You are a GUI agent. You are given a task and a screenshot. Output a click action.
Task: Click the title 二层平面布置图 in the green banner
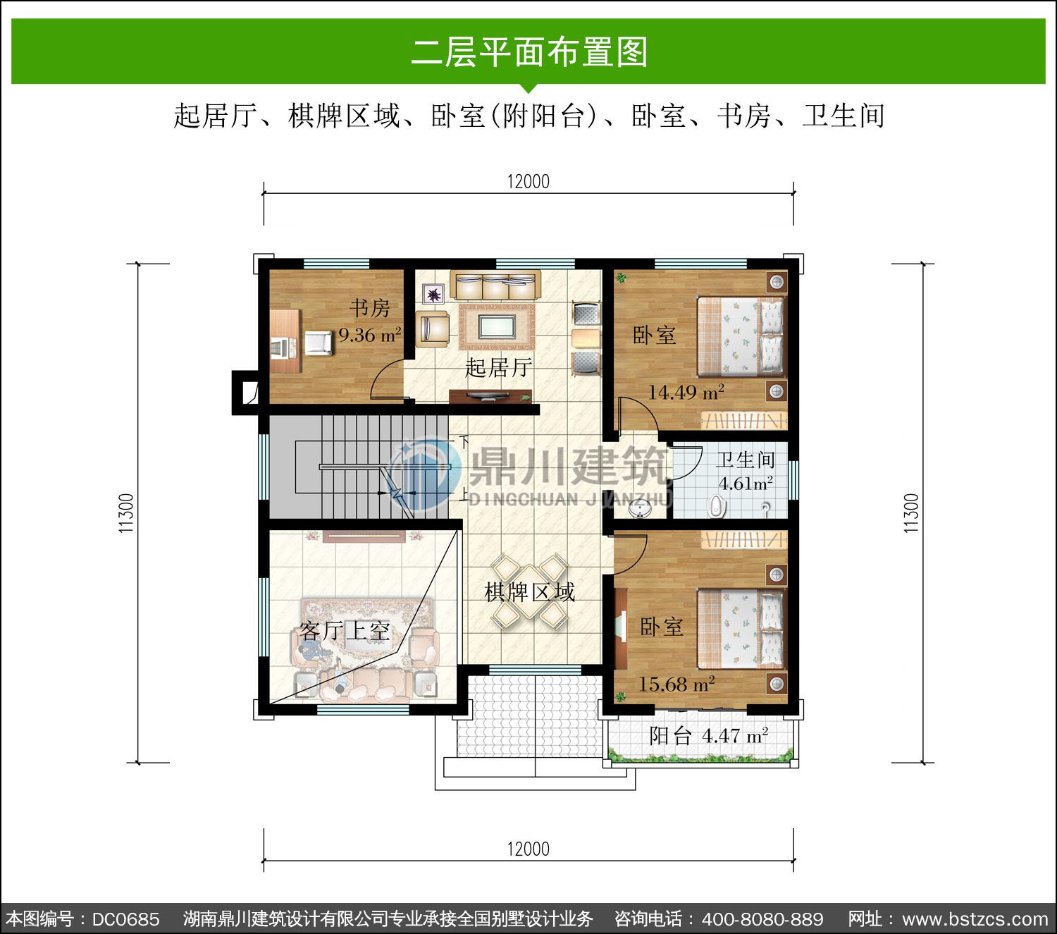click(529, 52)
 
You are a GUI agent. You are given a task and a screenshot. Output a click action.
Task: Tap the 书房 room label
click(369, 308)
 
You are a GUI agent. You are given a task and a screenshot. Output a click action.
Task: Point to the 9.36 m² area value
click(370, 335)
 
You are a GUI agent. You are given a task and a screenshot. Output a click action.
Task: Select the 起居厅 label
click(498, 367)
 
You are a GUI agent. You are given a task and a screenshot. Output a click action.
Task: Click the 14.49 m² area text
click(686, 392)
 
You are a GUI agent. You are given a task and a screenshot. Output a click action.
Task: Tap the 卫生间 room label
click(745, 460)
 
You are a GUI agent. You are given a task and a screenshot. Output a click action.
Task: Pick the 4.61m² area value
click(746, 484)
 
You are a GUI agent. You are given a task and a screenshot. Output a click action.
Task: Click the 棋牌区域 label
click(529, 593)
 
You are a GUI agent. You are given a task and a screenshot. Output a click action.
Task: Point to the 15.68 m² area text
click(676, 684)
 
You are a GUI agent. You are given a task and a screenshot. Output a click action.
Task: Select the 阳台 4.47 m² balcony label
click(709, 736)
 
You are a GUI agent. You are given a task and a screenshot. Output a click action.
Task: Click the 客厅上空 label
click(345, 631)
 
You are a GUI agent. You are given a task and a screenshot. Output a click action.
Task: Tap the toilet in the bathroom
click(717, 506)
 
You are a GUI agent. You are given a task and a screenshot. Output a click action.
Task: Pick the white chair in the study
click(319, 343)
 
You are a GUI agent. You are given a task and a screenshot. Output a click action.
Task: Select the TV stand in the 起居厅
click(490, 396)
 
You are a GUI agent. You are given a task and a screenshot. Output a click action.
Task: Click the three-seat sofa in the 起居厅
click(495, 285)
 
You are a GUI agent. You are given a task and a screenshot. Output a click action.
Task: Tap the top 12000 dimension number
click(528, 182)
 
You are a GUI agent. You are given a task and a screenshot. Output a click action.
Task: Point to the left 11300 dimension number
click(126, 513)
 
